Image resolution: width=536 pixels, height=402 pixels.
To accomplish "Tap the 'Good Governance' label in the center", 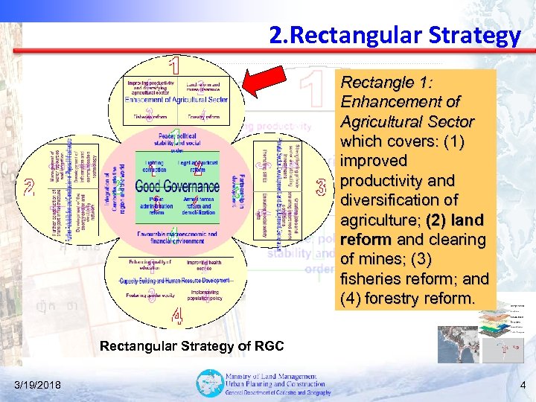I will coord(177,186).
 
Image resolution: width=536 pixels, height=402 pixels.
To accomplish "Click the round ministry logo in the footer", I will coord(209,383).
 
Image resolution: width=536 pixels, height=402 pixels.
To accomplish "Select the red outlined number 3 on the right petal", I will coord(321,185).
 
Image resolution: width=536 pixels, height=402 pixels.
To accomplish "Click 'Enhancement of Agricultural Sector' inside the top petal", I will coord(176,99).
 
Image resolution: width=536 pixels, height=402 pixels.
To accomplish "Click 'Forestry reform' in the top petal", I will coord(203,116).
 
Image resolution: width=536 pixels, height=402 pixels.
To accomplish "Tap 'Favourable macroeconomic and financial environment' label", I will coord(177,237).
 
